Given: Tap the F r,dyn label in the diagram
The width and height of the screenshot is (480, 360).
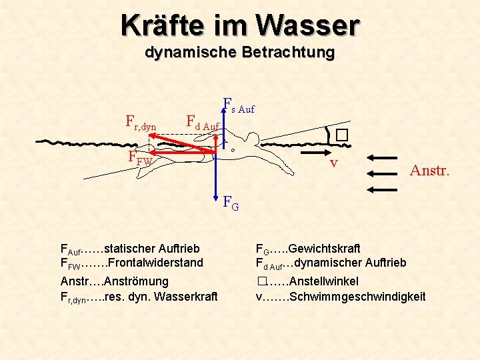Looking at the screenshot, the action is pyautogui.click(x=141, y=121).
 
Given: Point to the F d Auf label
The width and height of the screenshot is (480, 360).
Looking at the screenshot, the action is pyautogui.click(x=202, y=123).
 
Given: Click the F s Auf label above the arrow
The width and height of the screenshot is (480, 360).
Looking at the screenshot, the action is pyautogui.click(x=238, y=105).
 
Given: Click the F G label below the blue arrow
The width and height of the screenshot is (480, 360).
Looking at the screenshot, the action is pyautogui.click(x=231, y=202).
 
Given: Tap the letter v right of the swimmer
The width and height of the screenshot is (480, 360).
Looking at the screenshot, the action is pyautogui.click(x=333, y=163).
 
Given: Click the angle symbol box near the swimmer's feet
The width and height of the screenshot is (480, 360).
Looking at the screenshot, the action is pyautogui.click(x=342, y=134).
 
